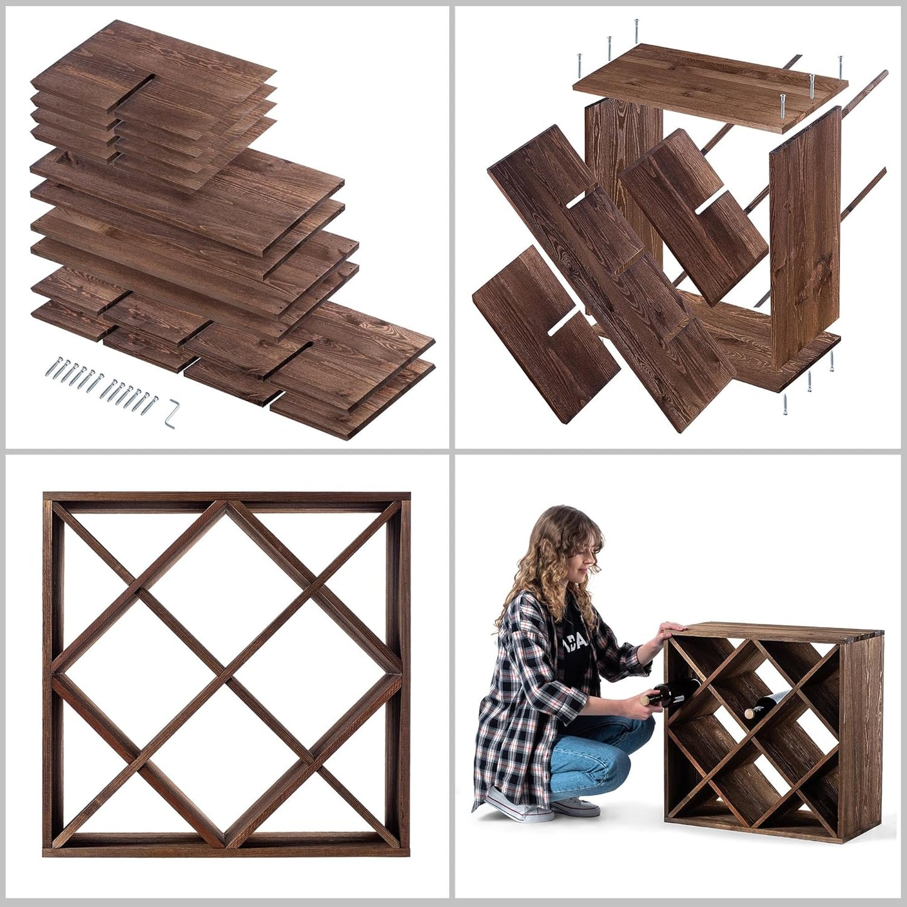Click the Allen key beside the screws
169,415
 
